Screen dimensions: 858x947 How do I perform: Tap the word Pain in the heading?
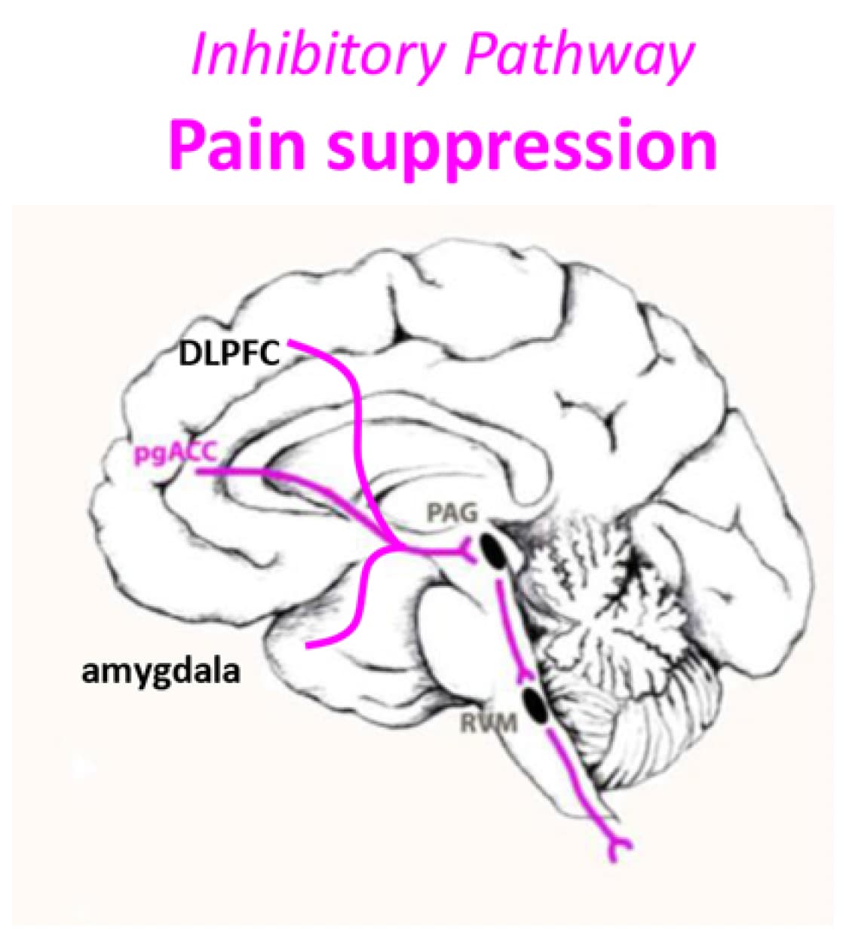point(237,144)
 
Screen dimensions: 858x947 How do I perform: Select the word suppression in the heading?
point(522,149)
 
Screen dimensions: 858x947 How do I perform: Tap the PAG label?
point(452,512)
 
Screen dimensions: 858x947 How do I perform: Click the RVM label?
point(489,723)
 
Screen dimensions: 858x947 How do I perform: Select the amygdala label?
point(161,673)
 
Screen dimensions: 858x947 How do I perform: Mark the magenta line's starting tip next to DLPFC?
point(290,342)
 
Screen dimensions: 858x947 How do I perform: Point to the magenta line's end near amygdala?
point(308,646)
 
